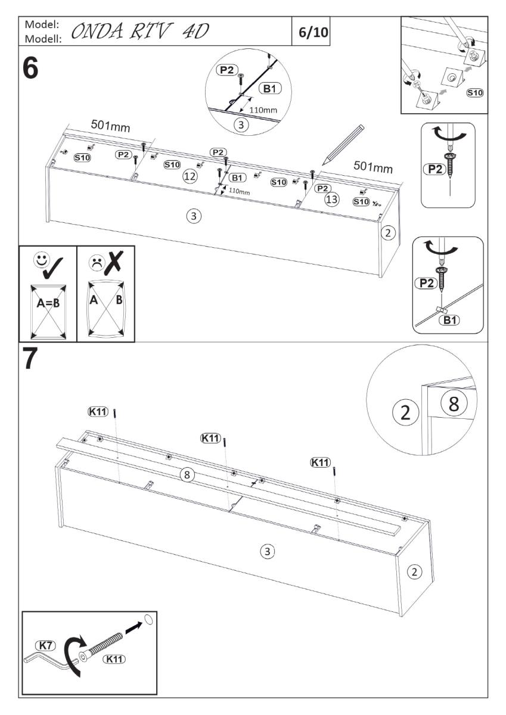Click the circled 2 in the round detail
coord(406,412)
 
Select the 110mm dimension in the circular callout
coord(262,110)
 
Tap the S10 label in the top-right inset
coord(474,92)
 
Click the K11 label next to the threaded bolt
coord(115,659)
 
